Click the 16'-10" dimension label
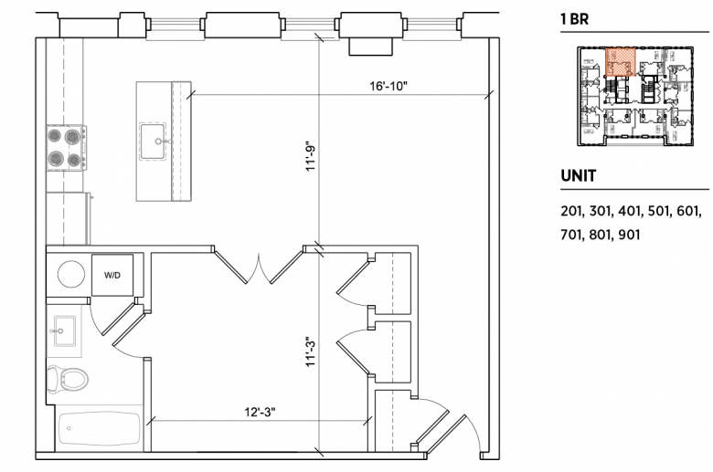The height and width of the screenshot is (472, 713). [x=388, y=86]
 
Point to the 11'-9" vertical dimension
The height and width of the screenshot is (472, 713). [x=311, y=158]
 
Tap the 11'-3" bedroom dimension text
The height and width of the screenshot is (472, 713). [x=311, y=351]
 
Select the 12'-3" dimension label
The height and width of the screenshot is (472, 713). [x=261, y=412]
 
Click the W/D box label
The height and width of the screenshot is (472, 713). [x=112, y=275]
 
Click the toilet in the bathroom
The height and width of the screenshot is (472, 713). [x=68, y=378]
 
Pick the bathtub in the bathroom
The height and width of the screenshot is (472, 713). [x=99, y=428]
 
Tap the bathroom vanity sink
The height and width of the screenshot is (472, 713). [x=64, y=331]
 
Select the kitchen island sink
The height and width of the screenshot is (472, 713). [x=153, y=142]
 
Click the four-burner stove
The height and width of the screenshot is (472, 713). [x=66, y=148]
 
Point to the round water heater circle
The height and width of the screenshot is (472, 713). [x=71, y=274]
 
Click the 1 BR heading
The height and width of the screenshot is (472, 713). [x=575, y=19]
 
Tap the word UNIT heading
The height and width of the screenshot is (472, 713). [x=579, y=176]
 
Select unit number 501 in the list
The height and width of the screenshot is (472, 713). [x=657, y=211]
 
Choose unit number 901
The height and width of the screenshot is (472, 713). [x=629, y=235]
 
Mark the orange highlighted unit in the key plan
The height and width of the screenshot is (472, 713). [x=621, y=62]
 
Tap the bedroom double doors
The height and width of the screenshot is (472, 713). [x=259, y=266]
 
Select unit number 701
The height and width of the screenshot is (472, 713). [x=571, y=235]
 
